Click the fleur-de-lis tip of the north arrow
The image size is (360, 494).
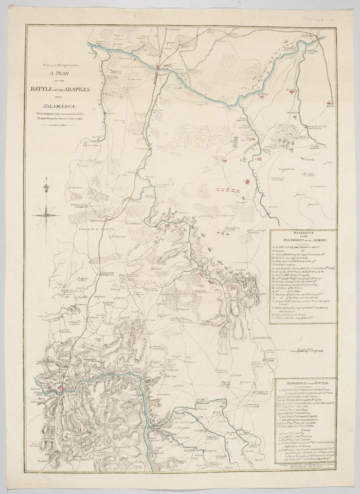47,181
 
